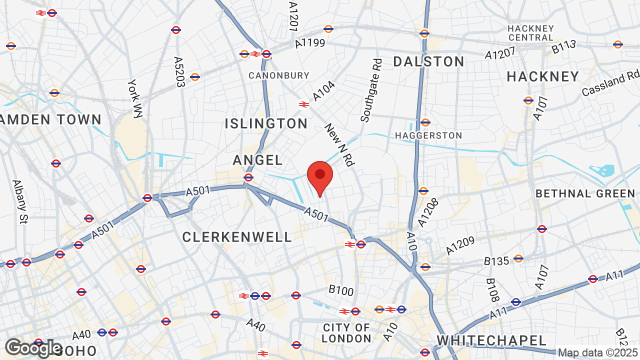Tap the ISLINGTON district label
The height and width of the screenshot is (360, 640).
tap(266, 123)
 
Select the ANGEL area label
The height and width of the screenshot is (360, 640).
tap(258, 160)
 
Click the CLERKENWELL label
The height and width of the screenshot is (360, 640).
tap(237, 237)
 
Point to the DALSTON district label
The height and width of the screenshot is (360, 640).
tap(429, 62)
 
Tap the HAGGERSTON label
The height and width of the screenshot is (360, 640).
tap(428, 135)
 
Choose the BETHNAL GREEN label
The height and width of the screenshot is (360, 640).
tap(585, 193)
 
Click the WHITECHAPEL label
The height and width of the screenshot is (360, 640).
tap(491, 341)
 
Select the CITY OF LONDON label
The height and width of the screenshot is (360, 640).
tap(346, 333)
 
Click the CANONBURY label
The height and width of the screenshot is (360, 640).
tap(279, 75)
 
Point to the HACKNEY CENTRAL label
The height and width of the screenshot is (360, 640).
tap(530, 33)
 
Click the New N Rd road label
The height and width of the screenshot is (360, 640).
tap(339, 145)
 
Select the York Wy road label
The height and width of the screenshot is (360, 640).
tap(134, 98)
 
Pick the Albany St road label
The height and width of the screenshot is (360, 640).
tap(19, 201)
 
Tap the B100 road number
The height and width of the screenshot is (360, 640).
tap(341, 290)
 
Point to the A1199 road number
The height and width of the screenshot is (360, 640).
tap(310, 43)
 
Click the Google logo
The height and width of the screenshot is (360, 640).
tap(33, 347)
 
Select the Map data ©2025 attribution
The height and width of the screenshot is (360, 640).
tap(598, 353)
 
